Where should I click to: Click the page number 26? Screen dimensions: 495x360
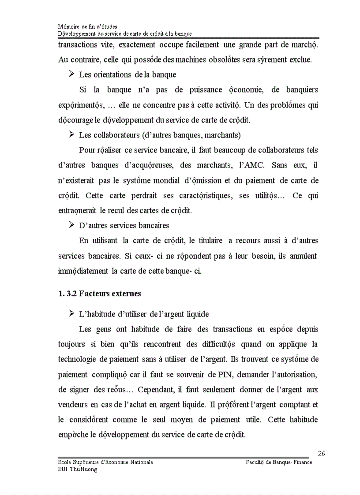click(x=321, y=454)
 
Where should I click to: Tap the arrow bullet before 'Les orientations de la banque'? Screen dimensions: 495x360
click(x=71, y=74)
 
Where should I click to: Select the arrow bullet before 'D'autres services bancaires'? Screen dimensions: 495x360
click(x=71, y=225)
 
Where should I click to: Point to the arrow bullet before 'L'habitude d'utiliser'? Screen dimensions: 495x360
click(x=71, y=314)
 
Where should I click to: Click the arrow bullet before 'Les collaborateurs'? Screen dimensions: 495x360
click(x=71, y=135)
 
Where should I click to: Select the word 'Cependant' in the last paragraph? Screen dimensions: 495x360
click(x=155, y=390)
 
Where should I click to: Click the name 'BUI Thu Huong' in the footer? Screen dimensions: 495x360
click(x=78, y=469)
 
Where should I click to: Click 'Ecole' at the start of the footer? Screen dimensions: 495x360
click(x=65, y=462)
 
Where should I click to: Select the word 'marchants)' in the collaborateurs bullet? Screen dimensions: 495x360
click(x=224, y=135)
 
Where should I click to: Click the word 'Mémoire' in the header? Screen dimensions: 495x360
click(x=68, y=26)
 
